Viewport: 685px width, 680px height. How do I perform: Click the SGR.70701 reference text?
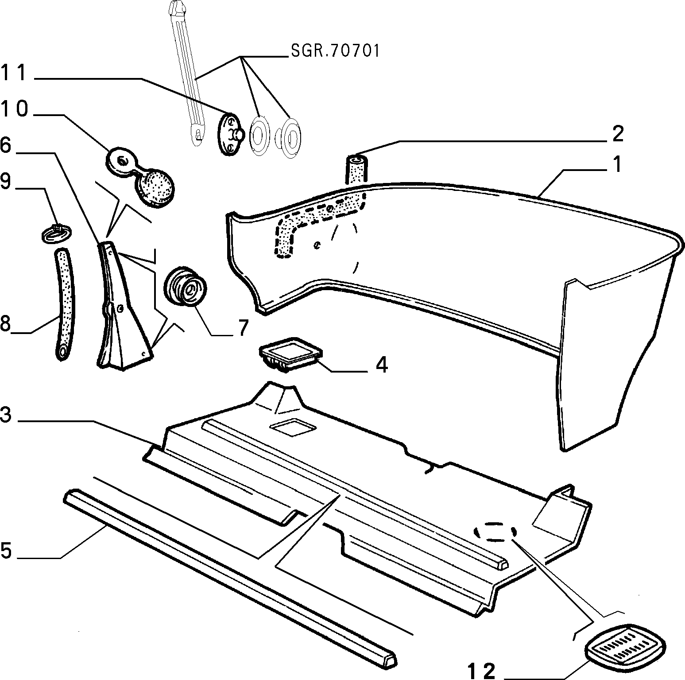pos(335,51)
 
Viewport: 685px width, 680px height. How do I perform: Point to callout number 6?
pos(5,145)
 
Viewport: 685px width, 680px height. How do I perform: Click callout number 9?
pos(5,181)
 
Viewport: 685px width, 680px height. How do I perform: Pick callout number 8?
pos(5,324)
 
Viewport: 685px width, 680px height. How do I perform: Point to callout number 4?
pos(382,365)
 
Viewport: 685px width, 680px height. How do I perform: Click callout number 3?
pos(5,416)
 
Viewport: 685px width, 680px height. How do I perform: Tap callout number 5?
pos(5,551)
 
